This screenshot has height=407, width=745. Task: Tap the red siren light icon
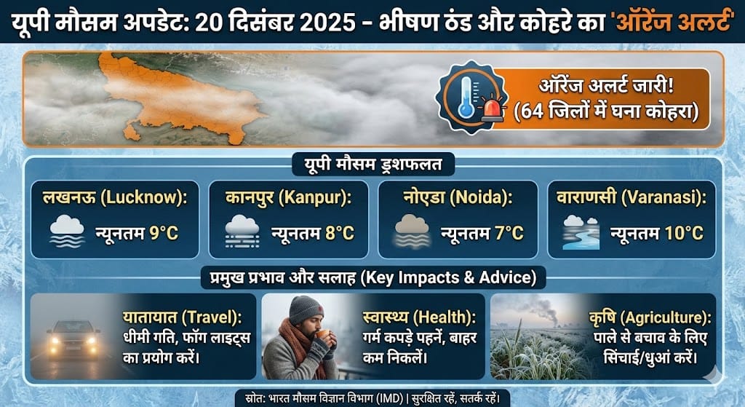point(495,111)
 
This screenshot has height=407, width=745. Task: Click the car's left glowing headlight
point(54,340)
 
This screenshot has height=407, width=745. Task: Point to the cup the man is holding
point(319,334)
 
